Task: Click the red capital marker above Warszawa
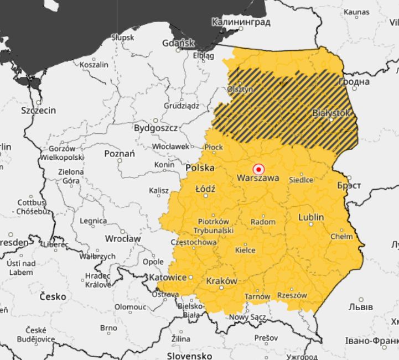point(258,169)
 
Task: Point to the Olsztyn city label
point(240,89)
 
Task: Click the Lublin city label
point(311,217)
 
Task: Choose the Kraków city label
point(221,281)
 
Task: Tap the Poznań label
point(119,153)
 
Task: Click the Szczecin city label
point(38,110)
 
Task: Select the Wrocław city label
point(122,238)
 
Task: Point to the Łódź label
point(205,189)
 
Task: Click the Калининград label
point(241,22)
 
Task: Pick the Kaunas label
point(356,12)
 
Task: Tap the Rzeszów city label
point(292,295)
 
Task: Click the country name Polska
point(200,168)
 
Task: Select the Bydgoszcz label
point(156,128)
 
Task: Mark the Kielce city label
point(245,250)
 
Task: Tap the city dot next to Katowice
point(191,277)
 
